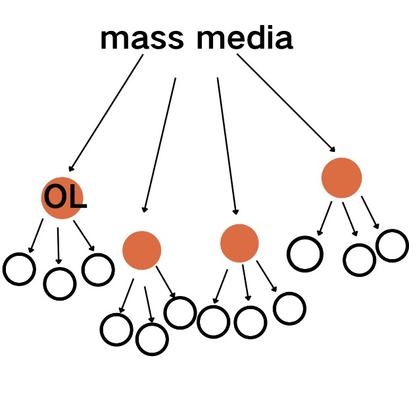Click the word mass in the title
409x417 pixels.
pos(142,39)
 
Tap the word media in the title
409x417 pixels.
pos(244,39)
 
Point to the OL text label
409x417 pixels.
pos(64,198)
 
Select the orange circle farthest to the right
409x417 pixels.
pos(341,178)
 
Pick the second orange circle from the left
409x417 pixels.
pos(141,250)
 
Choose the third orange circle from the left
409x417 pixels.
pos(239,243)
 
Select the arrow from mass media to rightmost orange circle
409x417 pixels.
pos(286,102)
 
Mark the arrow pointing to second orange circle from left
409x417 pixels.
pos(160,145)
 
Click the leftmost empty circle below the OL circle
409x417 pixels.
pos(19,268)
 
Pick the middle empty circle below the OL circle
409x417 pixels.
pos(59,283)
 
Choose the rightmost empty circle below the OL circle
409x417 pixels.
pos(98,268)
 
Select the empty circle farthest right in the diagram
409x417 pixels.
pos(392,245)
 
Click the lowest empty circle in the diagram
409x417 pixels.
pos(152,339)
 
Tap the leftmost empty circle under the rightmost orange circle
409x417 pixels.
pos(306,253)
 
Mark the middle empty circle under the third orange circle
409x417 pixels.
pos(251,321)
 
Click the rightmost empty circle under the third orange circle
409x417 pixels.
pos(289,308)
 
